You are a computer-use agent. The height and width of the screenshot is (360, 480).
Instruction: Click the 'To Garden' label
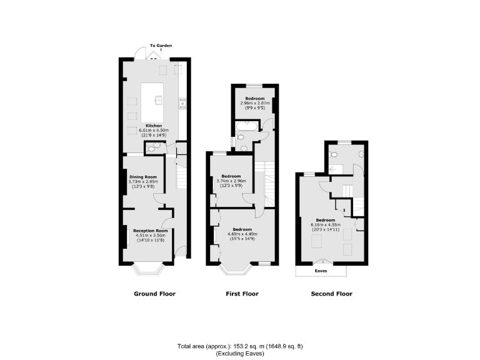[x=161, y=45]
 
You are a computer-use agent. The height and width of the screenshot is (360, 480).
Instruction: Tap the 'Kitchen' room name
[x=154, y=126]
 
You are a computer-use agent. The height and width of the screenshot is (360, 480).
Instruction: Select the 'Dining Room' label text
[x=144, y=177]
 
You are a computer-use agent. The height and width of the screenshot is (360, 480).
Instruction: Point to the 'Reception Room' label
[x=149, y=231]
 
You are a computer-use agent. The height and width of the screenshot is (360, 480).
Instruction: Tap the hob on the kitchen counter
[x=182, y=103]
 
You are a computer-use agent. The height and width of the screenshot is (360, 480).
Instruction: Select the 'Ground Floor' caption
[x=154, y=294]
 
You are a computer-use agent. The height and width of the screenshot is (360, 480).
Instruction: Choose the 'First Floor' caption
[x=242, y=294]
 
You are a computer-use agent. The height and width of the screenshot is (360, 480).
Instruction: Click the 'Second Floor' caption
[x=331, y=294]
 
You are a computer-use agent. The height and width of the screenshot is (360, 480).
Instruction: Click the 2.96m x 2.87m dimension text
[x=254, y=104]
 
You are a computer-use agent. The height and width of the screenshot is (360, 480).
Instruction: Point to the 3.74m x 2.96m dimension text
[x=231, y=181]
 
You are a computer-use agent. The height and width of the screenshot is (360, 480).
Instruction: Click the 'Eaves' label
[x=322, y=271]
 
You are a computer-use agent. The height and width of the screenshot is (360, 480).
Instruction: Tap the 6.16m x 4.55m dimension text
[x=325, y=225]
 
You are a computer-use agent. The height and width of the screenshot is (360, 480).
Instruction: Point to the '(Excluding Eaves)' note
[x=240, y=354]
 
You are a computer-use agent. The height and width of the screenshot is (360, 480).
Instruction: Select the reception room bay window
[x=149, y=270]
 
